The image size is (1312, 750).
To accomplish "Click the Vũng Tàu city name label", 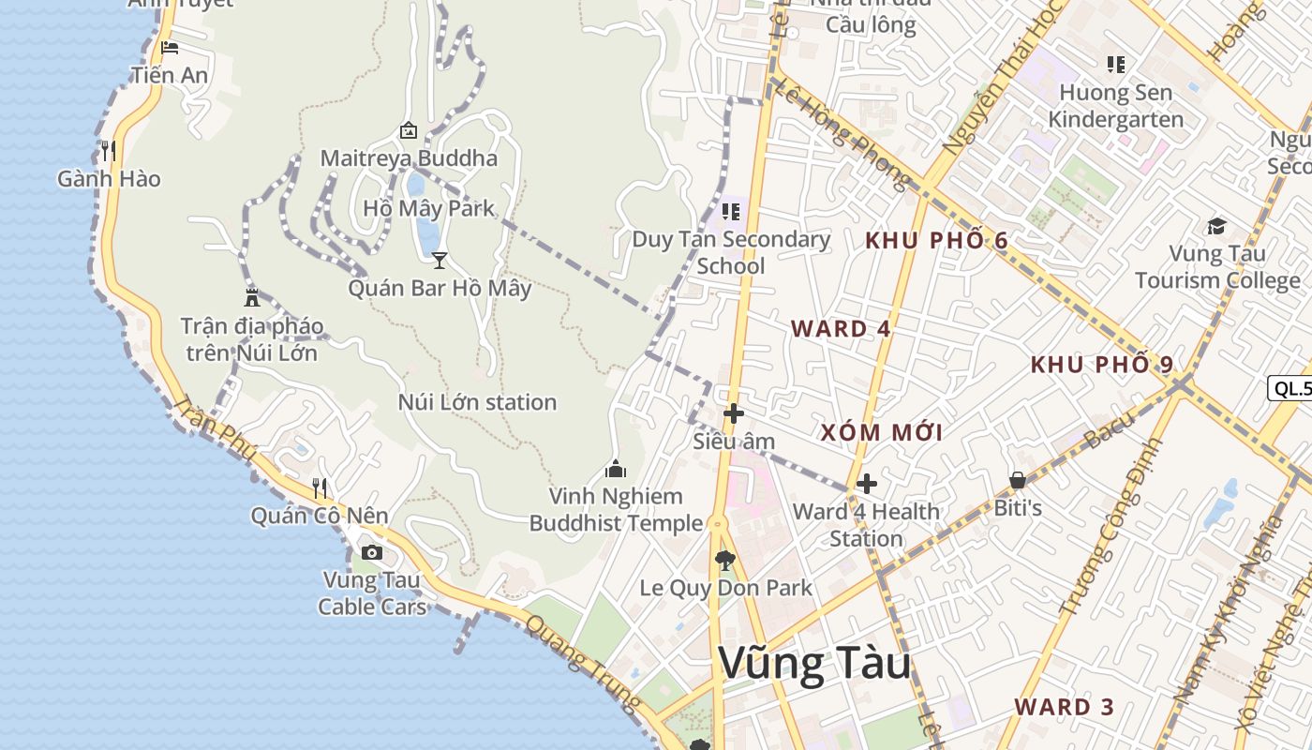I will click(814, 664).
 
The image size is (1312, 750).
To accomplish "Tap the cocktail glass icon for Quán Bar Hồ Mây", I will click(439, 260).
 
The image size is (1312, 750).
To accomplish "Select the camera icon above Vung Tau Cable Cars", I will click(372, 552).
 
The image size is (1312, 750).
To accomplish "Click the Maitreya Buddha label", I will click(409, 157).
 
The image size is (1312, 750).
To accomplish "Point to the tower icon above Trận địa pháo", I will click(251, 298).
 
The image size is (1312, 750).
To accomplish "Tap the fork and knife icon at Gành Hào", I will click(109, 150).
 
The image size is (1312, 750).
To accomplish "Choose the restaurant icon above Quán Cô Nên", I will click(320, 487).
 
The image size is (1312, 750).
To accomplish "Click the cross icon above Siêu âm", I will click(734, 412).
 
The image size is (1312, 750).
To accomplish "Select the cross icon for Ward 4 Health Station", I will click(867, 484).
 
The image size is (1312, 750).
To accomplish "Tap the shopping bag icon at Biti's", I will click(1017, 481).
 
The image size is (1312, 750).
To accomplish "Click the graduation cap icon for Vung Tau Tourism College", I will click(1216, 226).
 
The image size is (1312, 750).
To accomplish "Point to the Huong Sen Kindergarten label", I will click(1115, 106).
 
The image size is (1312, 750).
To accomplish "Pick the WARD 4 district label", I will click(841, 329).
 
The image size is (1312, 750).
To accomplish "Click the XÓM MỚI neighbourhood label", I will click(882, 432).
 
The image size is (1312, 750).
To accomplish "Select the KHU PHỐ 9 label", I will click(1101, 365).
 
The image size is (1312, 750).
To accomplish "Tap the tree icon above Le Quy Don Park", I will click(724, 561).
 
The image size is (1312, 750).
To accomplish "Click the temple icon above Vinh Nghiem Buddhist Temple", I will click(616, 468).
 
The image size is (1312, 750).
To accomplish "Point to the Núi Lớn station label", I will click(477, 402).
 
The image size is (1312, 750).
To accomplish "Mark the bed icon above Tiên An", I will click(169, 48).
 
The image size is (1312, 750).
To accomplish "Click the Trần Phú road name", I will click(216, 429).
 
